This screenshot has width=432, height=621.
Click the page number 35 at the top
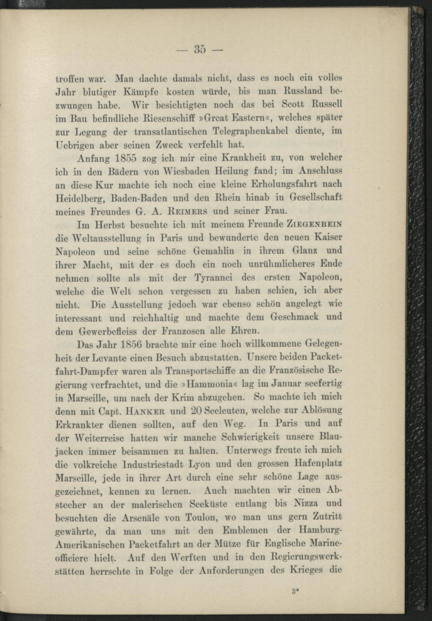[x=200, y=50]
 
